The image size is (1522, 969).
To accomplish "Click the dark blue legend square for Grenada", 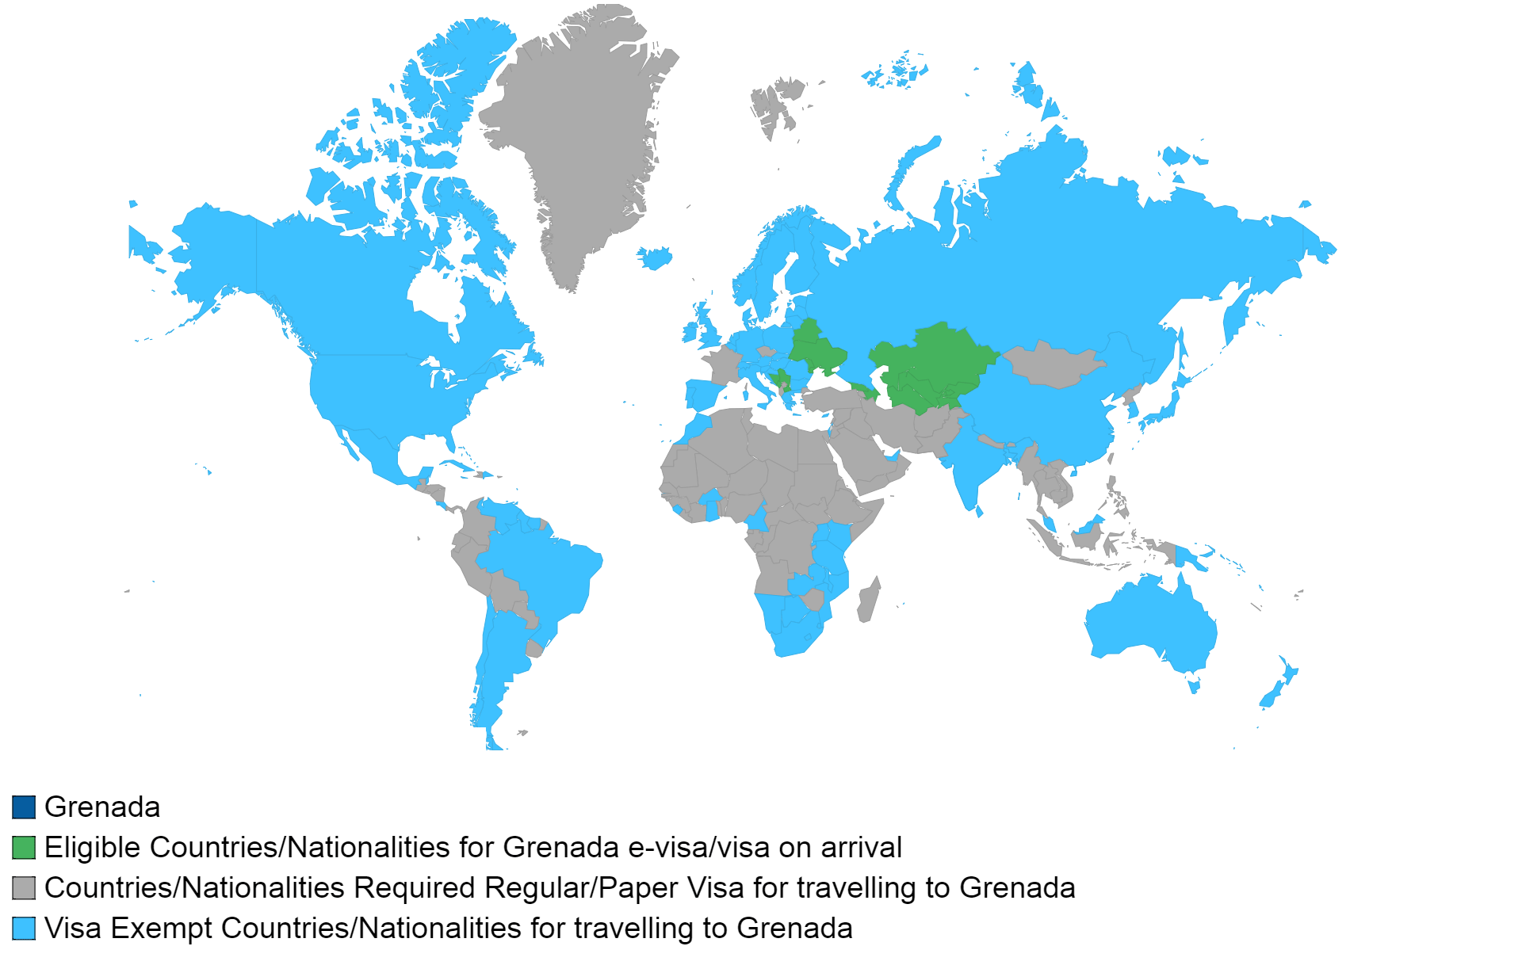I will click(24, 807).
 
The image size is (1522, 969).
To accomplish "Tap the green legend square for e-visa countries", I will click(24, 847).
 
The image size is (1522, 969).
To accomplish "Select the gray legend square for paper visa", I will click(24, 887).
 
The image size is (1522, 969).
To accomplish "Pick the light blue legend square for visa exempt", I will click(24, 928).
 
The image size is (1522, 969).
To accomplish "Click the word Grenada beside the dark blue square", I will click(102, 807).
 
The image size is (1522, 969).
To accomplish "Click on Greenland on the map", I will click(579, 143).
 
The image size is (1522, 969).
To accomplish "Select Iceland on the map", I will click(655, 257).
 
